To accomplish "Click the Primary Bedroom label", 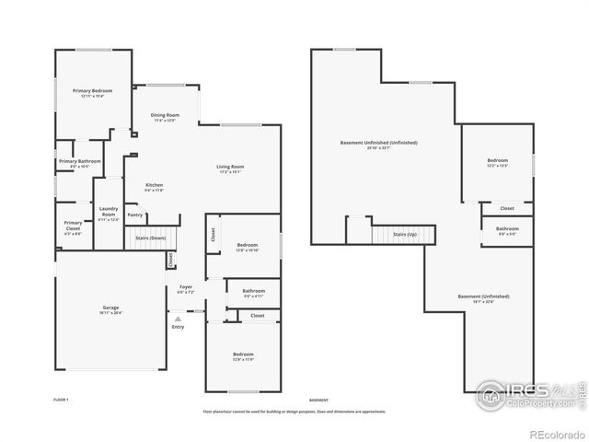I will pos(93,90).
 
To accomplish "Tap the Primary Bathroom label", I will pos(80,161).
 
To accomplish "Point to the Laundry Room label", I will pos(109,212).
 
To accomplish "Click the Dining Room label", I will pos(164,115).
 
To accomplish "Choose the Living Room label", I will pos(229,166).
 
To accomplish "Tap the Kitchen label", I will pos(155,185).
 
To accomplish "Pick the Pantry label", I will pos(135,215).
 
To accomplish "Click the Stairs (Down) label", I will pos(151,238).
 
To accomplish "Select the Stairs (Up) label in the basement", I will pos(405,235).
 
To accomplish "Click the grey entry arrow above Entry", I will pos(178,319).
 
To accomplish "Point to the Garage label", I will pos(110,308).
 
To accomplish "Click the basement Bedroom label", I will pos(497,161).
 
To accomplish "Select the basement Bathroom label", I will pos(507,228).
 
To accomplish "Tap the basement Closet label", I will pos(507,208).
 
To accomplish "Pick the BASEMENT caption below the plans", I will pos(318,401).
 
